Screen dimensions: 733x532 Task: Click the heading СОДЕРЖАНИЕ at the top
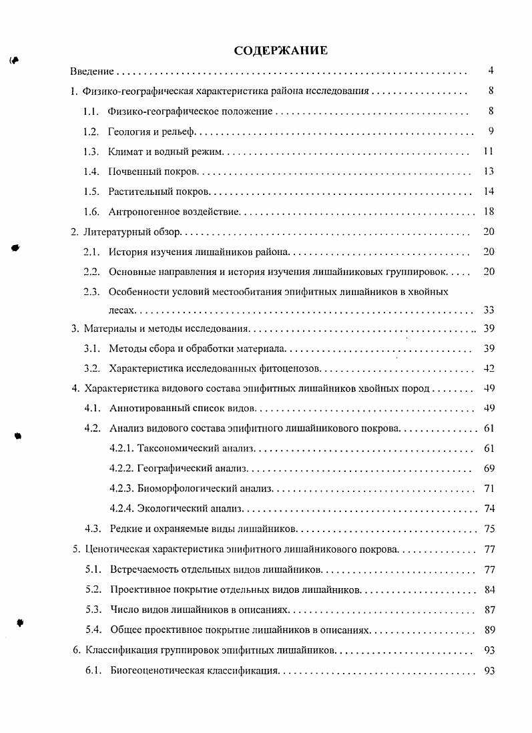click(280, 50)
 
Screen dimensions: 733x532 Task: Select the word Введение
click(92, 71)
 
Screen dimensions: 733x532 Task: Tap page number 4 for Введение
click(491, 71)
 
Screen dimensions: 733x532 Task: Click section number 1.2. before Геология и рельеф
click(91, 131)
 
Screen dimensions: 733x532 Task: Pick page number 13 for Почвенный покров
click(489, 172)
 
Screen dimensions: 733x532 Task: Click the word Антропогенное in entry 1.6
click(140, 212)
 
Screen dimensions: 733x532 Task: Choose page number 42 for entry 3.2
click(489, 368)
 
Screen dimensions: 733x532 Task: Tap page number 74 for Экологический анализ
click(489, 509)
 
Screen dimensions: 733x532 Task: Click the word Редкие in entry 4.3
click(124, 529)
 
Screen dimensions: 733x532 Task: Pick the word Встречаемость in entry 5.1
click(142, 569)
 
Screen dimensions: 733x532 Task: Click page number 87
click(489, 609)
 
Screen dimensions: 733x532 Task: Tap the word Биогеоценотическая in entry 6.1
click(156, 670)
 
